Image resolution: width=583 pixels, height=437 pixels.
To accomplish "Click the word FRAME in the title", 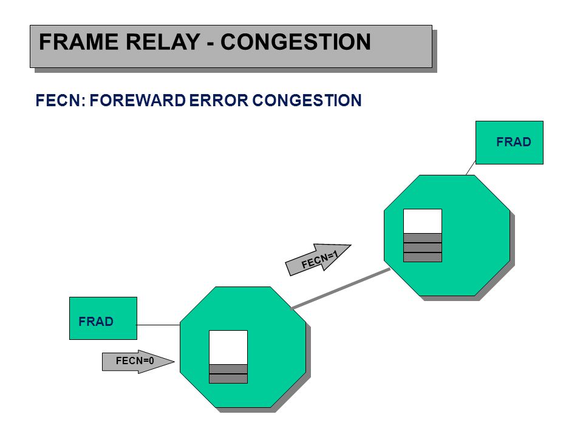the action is [79, 42].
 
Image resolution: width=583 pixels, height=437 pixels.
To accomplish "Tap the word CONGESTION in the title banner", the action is [296, 42].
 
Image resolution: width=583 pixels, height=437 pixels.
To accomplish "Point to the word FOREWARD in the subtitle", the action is [138, 100].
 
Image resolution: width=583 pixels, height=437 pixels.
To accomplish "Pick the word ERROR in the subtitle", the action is [219, 100].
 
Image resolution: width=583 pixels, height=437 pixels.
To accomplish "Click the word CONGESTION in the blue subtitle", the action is [307, 100].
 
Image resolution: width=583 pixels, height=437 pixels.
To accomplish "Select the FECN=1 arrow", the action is [318, 259].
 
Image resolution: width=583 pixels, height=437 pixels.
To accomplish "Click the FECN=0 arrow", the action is [138, 361].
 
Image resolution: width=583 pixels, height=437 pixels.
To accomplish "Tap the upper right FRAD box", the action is [510, 142].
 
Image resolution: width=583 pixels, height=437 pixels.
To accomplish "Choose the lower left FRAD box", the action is [103, 318].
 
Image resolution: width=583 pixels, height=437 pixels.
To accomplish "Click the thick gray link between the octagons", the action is [341, 288].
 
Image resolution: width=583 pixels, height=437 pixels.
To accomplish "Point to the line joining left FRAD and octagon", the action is [159, 325].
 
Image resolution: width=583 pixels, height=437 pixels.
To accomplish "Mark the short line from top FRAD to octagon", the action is [471, 168].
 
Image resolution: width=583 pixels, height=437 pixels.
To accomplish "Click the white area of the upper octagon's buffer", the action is [423, 222].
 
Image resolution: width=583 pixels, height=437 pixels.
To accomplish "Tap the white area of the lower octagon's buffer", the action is [228, 347].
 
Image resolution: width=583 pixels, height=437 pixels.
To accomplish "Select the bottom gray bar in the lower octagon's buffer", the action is [228, 379].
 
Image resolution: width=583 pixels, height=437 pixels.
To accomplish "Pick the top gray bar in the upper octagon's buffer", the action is [423, 238].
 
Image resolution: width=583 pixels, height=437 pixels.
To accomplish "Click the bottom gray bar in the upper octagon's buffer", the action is [423, 257].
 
